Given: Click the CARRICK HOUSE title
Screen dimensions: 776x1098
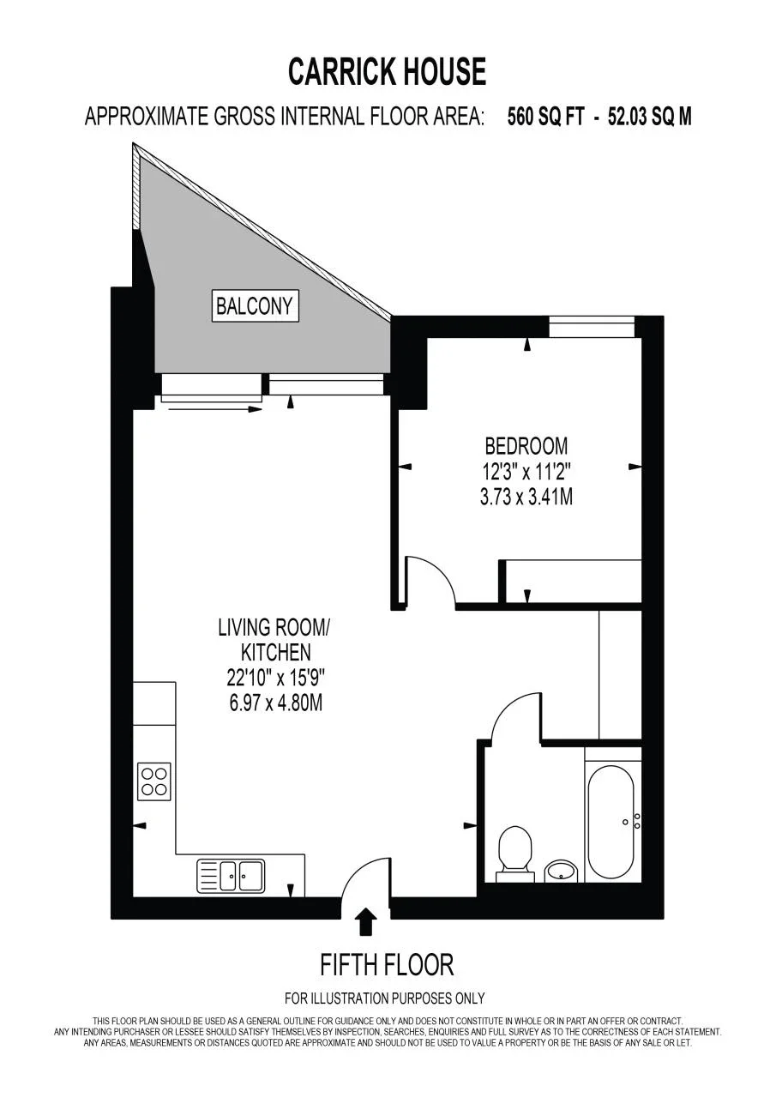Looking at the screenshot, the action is pos(387,71).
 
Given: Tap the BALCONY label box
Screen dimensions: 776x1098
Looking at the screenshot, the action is pos(255,306).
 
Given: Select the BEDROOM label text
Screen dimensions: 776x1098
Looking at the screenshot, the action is pos(526,446).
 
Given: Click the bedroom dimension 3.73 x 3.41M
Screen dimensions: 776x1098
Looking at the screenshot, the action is pos(526,498).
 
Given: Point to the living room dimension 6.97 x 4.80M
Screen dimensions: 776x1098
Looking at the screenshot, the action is pos(276,704).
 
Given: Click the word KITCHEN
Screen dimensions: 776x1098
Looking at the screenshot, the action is pos(276,653).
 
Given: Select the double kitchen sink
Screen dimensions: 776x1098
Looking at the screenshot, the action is pos(231,876).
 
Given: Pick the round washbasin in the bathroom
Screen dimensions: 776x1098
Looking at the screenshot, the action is pos(562,871).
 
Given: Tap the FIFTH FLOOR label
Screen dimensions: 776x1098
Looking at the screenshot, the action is pos(387,965).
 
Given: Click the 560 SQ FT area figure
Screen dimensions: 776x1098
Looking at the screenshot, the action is pos(546,117).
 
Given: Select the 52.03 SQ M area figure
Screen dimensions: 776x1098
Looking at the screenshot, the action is pos(650,117).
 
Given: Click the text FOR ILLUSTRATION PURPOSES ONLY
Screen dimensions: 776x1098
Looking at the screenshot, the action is pos(385,998).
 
